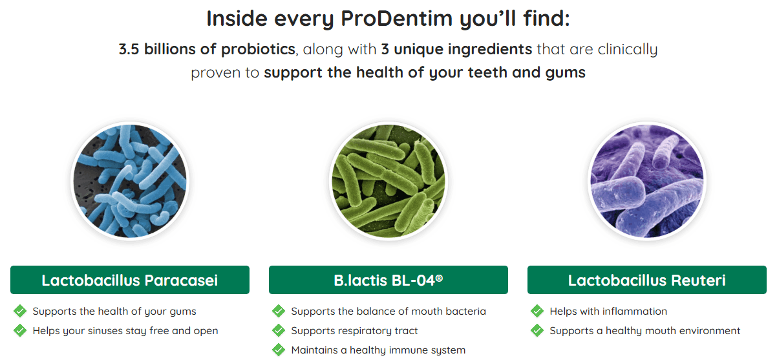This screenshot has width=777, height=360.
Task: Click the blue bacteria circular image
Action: [x=129, y=180]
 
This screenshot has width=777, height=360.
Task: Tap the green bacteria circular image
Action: [x=388, y=180]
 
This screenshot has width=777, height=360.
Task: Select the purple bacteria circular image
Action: [x=646, y=180]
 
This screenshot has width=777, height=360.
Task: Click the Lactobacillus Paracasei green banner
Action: [x=129, y=280]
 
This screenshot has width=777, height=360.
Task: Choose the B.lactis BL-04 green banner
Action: [x=388, y=280]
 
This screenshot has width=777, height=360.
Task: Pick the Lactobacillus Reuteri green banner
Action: [x=646, y=280]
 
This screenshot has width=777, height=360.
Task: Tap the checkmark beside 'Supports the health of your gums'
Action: [x=20, y=311]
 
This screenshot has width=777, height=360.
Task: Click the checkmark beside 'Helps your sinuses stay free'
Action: [x=20, y=330]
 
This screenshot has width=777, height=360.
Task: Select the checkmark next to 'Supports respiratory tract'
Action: [x=279, y=330]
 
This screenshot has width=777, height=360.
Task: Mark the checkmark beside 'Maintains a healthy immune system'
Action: [x=279, y=350]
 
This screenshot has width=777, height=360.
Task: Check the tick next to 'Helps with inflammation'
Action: [x=537, y=311]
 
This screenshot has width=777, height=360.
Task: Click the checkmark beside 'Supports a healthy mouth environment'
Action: [x=537, y=330]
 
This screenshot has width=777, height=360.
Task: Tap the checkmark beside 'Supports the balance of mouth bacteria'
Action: [x=279, y=311]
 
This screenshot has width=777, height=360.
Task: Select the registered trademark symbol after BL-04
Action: [x=440, y=277]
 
